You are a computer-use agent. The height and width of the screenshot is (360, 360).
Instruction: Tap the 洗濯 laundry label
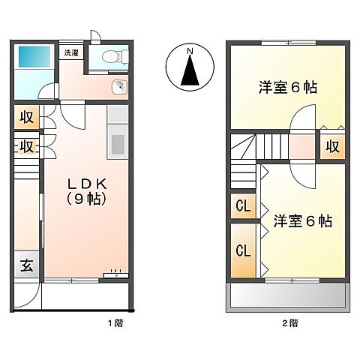pyautogui.click(x=71, y=52)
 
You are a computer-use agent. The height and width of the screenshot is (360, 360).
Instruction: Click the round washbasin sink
pyautogui.click(x=118, y=88)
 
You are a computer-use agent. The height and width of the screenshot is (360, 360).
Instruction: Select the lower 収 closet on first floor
pyautogui.click(x=25, y=145)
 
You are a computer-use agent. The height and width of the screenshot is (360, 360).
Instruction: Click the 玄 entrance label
pyautogui.click(x=26, y=264)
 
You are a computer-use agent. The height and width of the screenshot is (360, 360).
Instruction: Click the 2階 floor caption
pyautogui.click(x=289, y=323)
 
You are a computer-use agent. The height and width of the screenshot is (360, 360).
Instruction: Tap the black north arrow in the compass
pyautogui.click(x=190, y=71)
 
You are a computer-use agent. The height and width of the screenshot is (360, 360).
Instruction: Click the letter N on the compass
pyautogui.click(x=190, y=51)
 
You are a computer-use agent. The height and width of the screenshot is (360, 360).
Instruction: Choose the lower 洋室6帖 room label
pyautogui.click(x=302, y=221)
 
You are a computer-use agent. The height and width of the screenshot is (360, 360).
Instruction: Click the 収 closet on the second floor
pyautogui.click(x=333, y=145)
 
